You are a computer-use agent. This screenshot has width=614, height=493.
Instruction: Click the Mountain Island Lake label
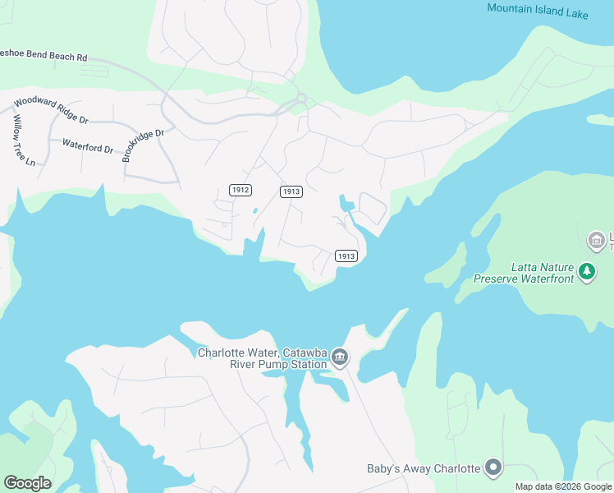pos(538,8)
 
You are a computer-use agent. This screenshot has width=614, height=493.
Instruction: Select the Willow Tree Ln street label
pos(23,140)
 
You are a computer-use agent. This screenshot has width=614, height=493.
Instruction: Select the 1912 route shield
pos(240,190)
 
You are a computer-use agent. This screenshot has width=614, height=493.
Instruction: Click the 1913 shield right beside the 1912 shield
pos(291,191)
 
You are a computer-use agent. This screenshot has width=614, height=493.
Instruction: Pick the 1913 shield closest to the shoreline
pos(346,256)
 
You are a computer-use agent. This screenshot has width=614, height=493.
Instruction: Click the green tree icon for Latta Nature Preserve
pos(586,271)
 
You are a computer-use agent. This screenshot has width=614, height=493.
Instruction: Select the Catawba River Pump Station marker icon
pos(340,358)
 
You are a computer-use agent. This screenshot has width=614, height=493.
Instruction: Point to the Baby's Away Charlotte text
pos(423,468)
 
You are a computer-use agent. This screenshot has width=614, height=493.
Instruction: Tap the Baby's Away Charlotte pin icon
pos(493,468)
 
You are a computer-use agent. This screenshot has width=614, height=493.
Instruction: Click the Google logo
pos(27,483)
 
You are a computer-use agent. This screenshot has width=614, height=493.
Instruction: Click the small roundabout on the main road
pos(301,99)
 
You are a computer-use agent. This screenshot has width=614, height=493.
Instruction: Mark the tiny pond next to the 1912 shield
pos(254,210)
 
